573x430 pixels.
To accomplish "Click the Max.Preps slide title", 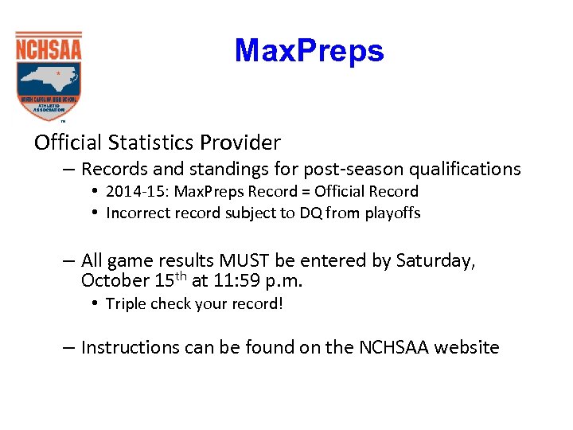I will [309, 51].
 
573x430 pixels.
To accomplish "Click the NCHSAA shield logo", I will [49, 76].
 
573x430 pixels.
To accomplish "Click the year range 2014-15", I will [133, 191].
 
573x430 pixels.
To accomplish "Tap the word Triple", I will [126, 303].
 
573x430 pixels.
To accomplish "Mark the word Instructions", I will [131, 348].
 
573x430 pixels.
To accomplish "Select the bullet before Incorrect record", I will [95, 213].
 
